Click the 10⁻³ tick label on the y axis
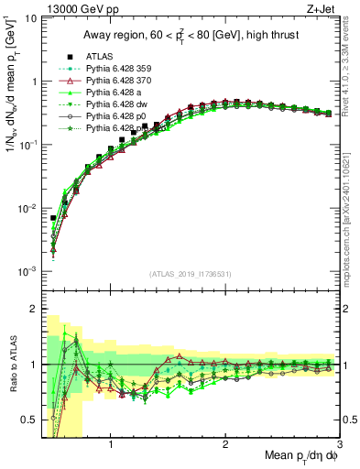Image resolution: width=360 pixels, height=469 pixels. tap(27, 272)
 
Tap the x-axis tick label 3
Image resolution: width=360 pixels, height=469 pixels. tap(339, 444)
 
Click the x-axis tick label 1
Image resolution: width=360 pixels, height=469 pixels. tap(111, 444)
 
